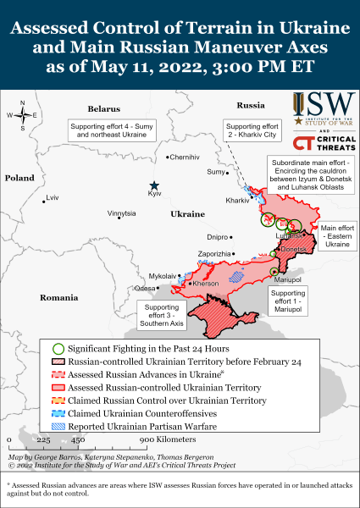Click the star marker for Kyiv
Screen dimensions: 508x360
(x=154, y=185)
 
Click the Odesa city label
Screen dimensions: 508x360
(x=145, y=289)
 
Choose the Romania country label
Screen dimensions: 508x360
(x=58, y=298)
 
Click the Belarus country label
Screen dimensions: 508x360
(x=104, y=109)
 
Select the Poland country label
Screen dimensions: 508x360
(x=19, y=179)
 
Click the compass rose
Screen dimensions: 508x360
(x=23, y=114)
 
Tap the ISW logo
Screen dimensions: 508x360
(x=325, y=107)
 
